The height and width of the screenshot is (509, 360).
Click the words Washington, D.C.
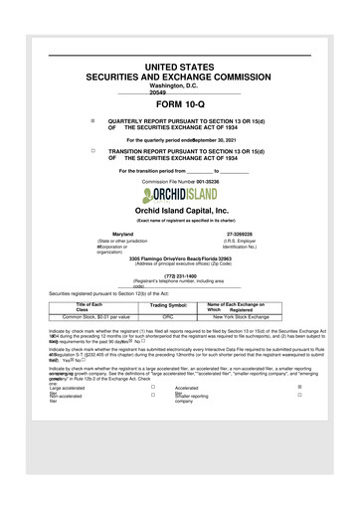180,86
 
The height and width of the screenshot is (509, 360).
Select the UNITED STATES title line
180,67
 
